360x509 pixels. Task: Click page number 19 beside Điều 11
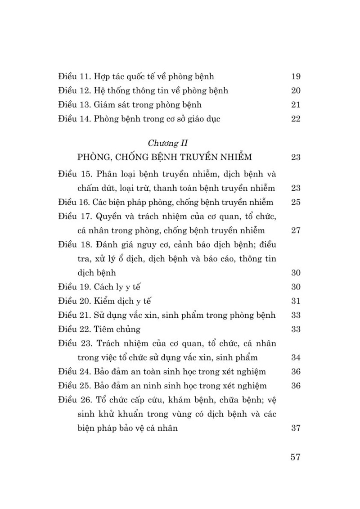click(x=296, y=76)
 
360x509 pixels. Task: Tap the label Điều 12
click(x=74, y=90)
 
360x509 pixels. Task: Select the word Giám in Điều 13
click(x=104, y=105)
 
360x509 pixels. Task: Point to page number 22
click(x=296, y=119)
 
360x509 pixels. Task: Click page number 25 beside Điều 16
click(x=296, y=202)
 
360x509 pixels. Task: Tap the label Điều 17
click(x=74, y=216)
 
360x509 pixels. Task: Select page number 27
click(x=296, y=231)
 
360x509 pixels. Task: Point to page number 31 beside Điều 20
click(x=296, y=301)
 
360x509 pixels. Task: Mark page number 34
click(x=296, y=358)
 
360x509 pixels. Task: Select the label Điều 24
click(x=74, y=372)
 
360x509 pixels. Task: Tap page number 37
click(x=296, y=428)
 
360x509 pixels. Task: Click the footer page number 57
click(x=295, y=457)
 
